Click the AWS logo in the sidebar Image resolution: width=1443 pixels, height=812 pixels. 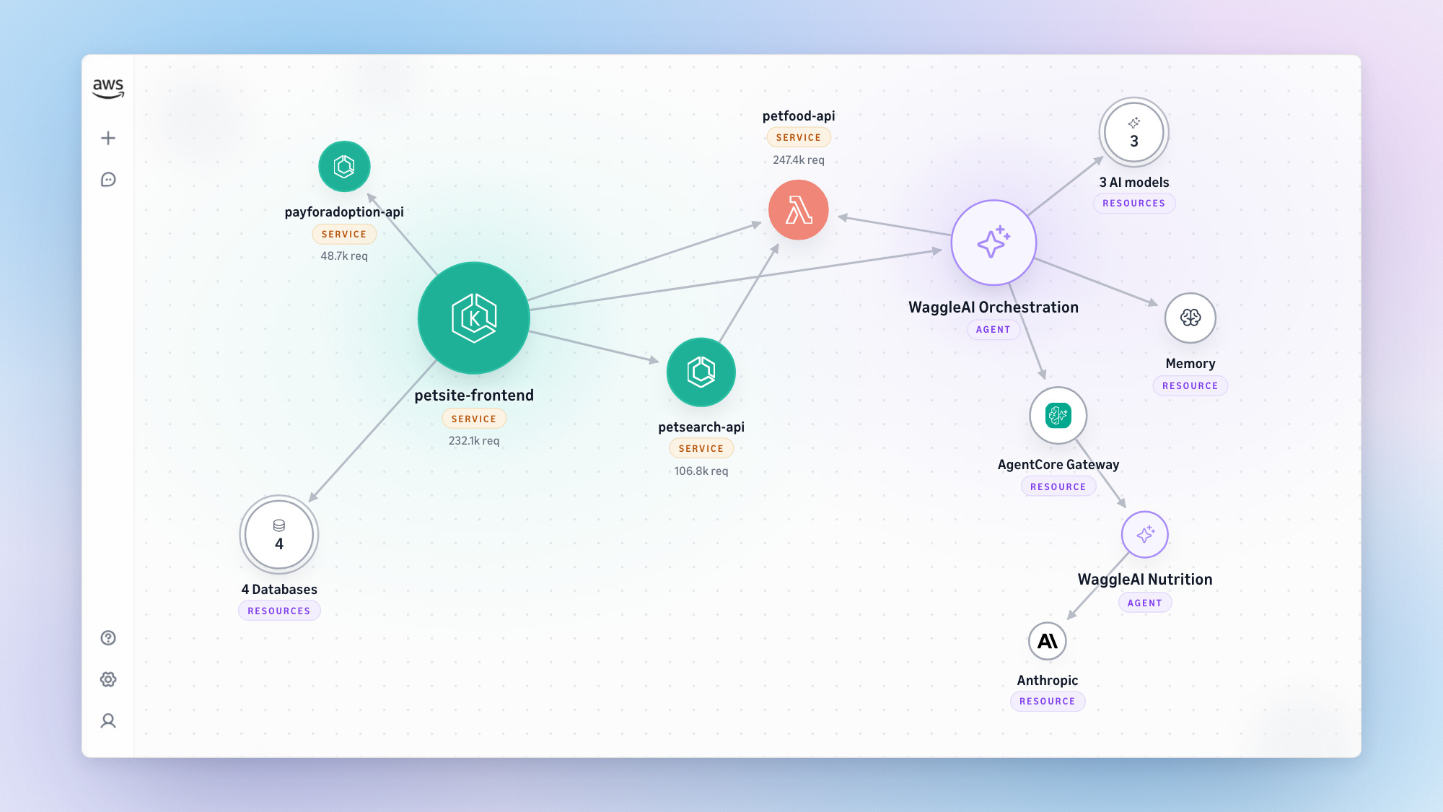coord(108,88)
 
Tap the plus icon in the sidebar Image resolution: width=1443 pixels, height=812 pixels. coord(108,138)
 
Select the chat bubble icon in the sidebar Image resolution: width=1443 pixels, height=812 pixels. coord(108,180)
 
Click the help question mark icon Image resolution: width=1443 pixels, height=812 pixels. coord(108,638)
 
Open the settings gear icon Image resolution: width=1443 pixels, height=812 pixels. coord(108,679)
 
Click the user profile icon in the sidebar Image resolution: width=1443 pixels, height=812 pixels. coord(108,721)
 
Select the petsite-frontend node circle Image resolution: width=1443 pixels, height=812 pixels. coord(474,318)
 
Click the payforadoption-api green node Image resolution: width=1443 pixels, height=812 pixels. coord(344,167)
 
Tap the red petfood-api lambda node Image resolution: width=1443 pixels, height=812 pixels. coord(799,210)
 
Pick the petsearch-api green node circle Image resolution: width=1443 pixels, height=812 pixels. coord(701,372)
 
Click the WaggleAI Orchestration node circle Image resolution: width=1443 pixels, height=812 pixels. coord(994,243)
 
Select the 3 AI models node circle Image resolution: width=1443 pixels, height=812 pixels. coord(1134,133)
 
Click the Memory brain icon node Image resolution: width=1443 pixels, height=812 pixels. coord(1190,318)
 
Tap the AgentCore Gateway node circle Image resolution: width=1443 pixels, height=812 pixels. coord(1058,416)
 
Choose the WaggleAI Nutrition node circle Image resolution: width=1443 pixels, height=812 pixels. coord(1145,535)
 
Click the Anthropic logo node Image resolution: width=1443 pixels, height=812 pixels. coord(1048,641)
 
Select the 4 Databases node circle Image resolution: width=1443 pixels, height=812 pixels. coord(279,535)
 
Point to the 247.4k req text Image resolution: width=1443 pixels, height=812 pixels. coord(799,160)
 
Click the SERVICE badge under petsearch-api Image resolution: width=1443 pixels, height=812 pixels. coord(701,448)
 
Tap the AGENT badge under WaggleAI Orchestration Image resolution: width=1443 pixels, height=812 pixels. coord(994,330)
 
